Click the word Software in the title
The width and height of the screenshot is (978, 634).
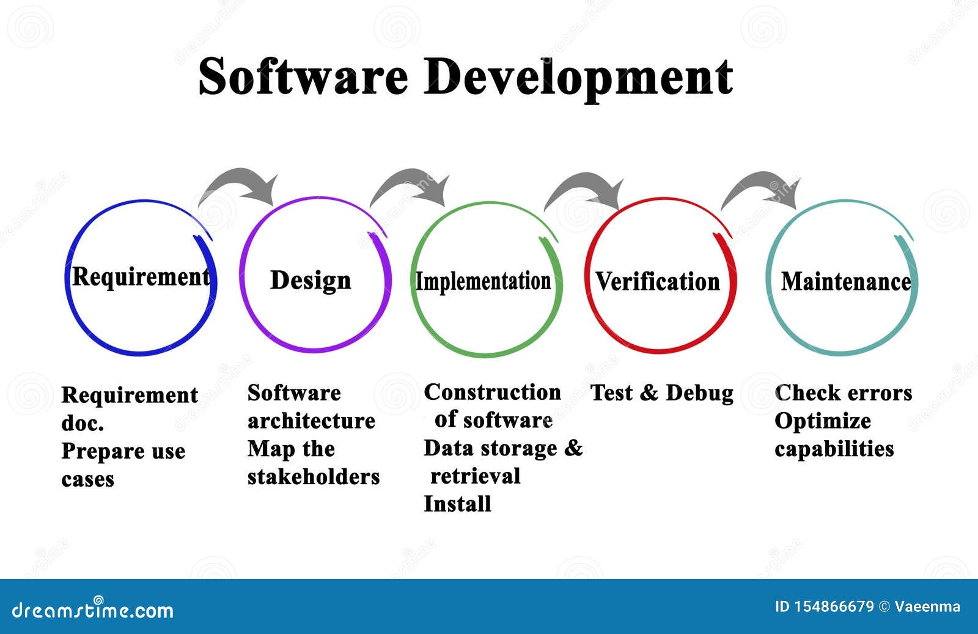pyautogui.click(x=303, y=76)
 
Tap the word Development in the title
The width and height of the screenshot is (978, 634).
pyautogui.click(x=578, y=79)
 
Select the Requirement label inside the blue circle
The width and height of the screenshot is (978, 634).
pyautogui.click(x=141, y=278)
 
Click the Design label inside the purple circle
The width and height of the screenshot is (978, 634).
pyautogui.click(x=311, y=281)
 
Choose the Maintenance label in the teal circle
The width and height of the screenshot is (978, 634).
pyautogui.click(x=846, y=282)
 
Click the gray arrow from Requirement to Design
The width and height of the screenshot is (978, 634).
pyautogui.click(x=241, y=180)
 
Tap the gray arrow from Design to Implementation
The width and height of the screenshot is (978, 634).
pyautogui.click(x=412, y=181)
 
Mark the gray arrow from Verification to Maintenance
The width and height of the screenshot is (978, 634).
pyautogui.click(x=763, y=184)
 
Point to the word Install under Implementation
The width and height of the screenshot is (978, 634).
pyautogui.click(x=457, y=504)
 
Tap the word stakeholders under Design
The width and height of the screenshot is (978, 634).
pyautogui.click(x=314, y=477)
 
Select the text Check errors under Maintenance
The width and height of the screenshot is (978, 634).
pyautogui.click(x=843, y=393)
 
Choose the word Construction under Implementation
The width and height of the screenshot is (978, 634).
pyautogui.click(x=492, y=392)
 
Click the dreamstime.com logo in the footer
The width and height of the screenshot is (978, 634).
pyautogui.click(x=92, y=609)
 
